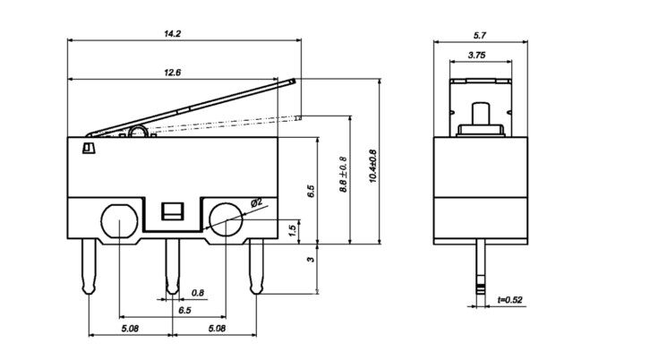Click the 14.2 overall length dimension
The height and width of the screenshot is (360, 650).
[x=173, y=34]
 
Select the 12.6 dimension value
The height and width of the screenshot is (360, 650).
[x=173, y=73]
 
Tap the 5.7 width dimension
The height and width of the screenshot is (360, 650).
[x=480, y=36]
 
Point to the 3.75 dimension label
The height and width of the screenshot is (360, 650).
[x=476, y=56]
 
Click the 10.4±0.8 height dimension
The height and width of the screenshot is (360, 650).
[x=372, y=167]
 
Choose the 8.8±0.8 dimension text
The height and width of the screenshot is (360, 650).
[x=343, y=175]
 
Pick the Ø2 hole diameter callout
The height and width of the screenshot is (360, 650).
[x=257, y=202]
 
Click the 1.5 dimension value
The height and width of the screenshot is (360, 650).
[x=292, y=231]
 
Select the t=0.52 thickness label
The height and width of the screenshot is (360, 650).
[x=510, y=299]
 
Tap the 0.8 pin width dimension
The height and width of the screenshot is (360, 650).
[x=198, y=293]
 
